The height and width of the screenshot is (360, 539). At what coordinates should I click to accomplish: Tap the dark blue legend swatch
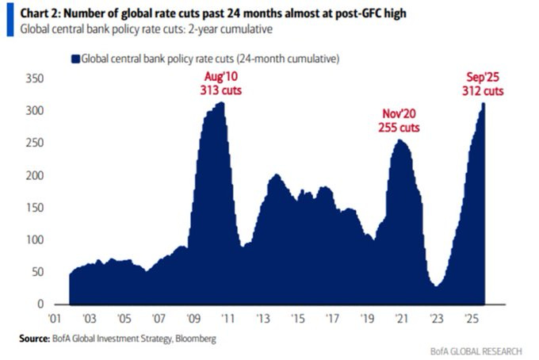[75, 59]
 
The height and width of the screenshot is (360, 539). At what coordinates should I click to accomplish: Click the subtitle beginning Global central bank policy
[135, 30]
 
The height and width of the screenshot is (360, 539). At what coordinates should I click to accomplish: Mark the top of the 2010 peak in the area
[220, 102]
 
